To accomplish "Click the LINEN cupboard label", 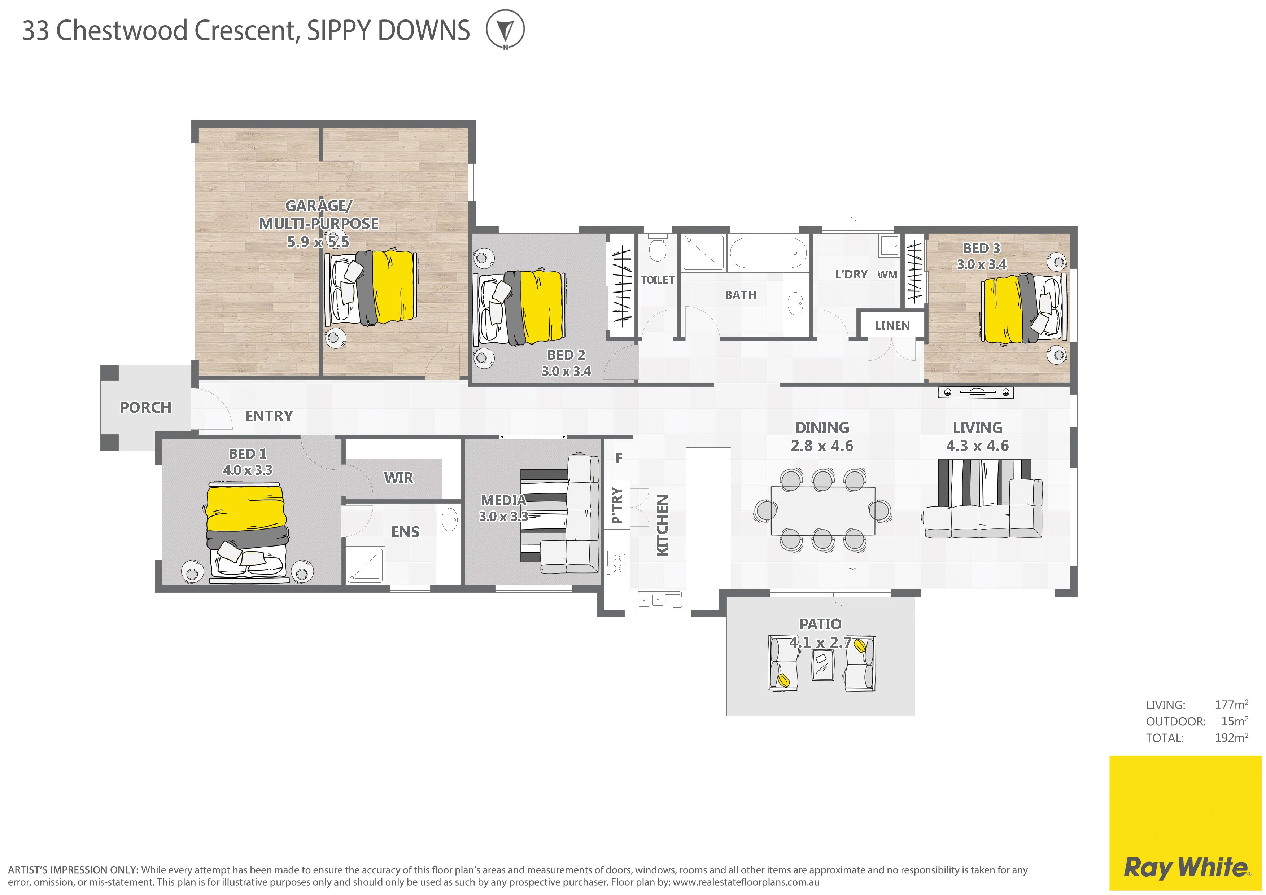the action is [892, 326].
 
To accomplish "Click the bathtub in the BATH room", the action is [768, 253].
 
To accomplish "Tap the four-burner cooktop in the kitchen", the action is [617, 562].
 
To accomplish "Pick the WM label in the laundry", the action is [887, 275].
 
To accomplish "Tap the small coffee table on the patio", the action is [823, 665].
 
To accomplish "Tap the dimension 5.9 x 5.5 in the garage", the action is [318, 241].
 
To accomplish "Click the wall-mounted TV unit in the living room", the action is [976, 392].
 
